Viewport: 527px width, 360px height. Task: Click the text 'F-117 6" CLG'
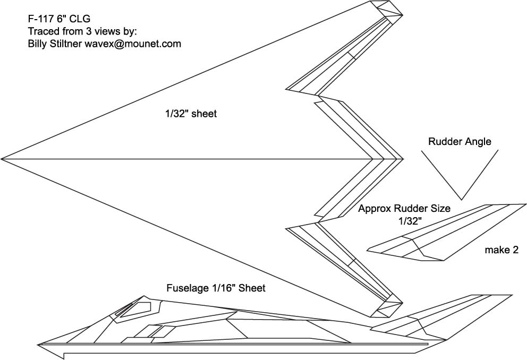[x=55, y=20]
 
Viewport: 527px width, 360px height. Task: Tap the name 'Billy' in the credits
[x=38, y=44]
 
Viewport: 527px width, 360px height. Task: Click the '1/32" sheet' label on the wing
[x=190, y=114]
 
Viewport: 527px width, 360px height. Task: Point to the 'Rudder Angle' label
[x=460, y=142]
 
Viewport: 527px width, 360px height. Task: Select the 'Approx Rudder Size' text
[x=404, y=209]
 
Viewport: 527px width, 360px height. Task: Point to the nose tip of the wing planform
[x=3, y=159]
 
